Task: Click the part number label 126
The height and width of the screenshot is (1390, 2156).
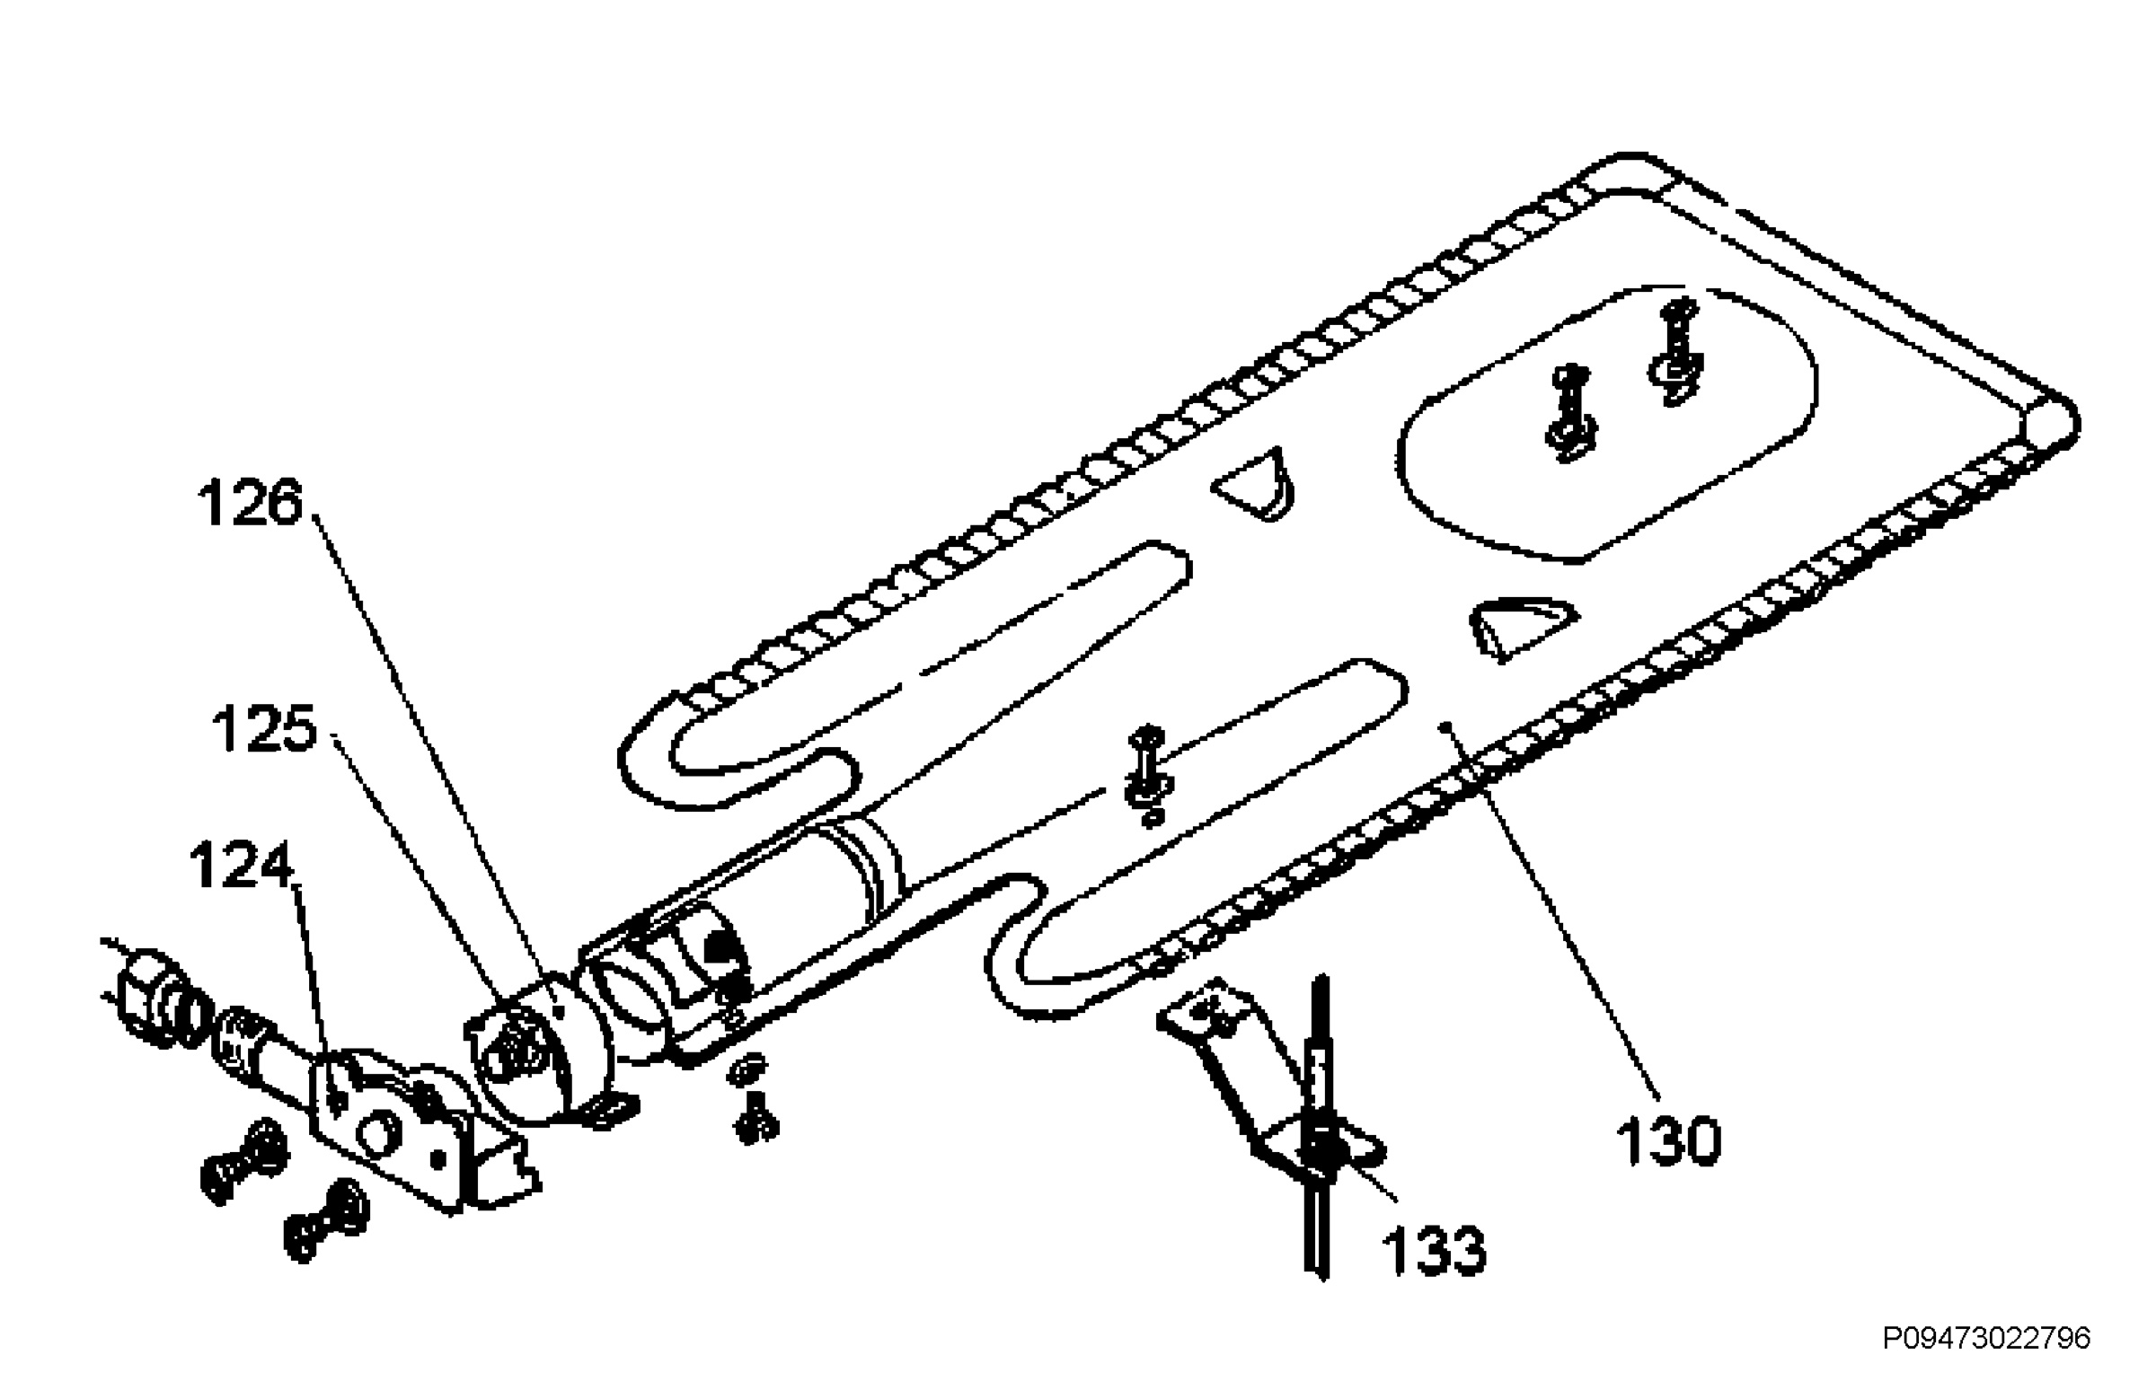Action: click(250, 503)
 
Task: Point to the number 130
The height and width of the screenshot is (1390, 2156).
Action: click(1667, 1141)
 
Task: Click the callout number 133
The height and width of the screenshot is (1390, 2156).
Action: click(1434, 1251)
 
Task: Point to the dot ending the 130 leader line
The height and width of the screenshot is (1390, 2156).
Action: click(1445, 725)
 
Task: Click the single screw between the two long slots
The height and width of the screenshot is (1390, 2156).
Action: click(1146, 772)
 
